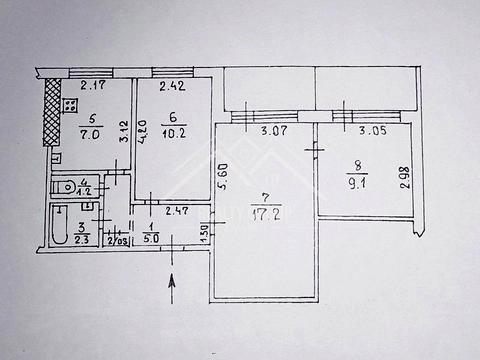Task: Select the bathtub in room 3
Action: (59, 228)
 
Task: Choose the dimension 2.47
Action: (179, 210)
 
